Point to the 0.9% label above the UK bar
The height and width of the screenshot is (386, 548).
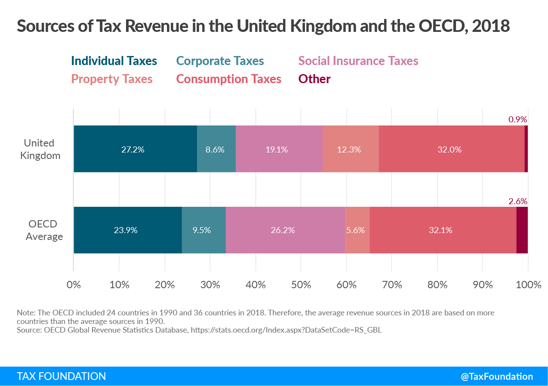coord(517,119)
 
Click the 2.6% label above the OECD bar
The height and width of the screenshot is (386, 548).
coord(517,201)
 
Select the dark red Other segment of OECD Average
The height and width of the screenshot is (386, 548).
coord(522,230)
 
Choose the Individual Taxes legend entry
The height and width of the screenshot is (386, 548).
coord(114,61)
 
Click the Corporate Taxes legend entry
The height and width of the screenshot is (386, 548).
coord(220,61)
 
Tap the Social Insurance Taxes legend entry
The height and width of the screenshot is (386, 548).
coord(358,61)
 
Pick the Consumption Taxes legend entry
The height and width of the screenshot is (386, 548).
coord(229,79)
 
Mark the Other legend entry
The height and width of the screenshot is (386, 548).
coord(314,79)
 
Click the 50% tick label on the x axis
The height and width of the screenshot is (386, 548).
coord(301,285)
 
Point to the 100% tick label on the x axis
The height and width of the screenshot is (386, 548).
coord(528,285)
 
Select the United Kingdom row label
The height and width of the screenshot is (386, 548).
coord(39,149)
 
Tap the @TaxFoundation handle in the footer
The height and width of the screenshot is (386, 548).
coord(496,376)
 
